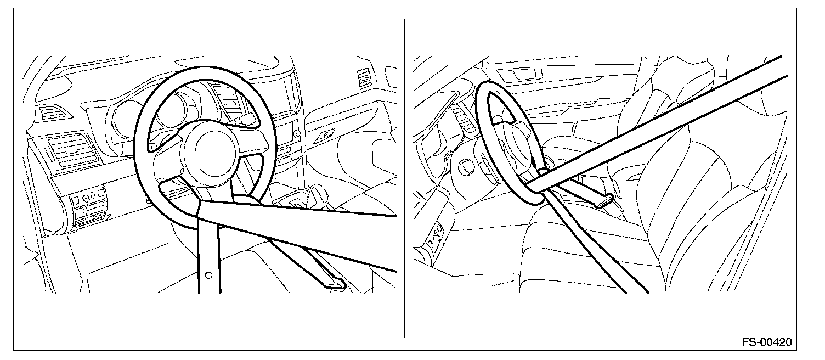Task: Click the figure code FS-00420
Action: click(x=767, y=342)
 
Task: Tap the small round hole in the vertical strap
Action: click(x=208, y=275)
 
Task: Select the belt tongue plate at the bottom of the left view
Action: click(x=334, y=283)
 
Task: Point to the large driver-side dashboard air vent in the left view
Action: click(x=73, y=150)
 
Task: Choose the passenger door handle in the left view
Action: click(x=324, y=135)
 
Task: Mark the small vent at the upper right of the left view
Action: click(x=364, y=79)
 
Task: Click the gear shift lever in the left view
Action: click(x=315, y=194)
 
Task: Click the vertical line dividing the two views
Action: click(x=404, y=178)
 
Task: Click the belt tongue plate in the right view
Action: click(x=604, y=201)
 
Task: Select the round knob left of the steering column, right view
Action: click(x=467, y=167)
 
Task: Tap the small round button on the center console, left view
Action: click(x=296, y=133)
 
